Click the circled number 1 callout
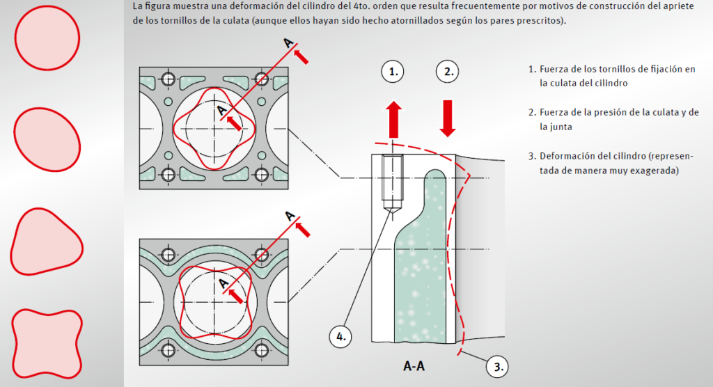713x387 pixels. coord(393,72)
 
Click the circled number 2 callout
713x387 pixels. coord(448,72)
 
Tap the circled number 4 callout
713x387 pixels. coord(340,336)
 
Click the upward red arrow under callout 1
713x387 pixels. coord(394,119)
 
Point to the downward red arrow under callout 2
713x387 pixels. coord(448,118)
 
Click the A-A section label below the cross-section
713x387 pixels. coord(414,366)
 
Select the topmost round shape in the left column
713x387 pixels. coord(47,38)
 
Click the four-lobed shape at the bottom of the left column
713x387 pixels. coord(47,344)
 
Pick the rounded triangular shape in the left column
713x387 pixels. coord(46,242)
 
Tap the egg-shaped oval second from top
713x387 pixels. coord(47,140)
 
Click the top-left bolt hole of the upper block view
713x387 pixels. coord(169,79)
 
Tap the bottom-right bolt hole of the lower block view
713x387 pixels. coord(262,350)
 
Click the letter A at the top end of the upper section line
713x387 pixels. coord(289,42)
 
